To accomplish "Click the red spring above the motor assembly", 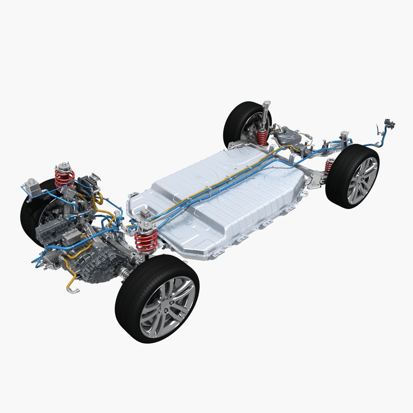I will pos(65,178).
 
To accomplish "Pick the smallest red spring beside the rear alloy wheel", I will pos(329,166).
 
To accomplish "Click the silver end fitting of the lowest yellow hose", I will pos(74,291).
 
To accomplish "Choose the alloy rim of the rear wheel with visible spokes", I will pos(361,180).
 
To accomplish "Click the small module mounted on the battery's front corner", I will pos(145,215).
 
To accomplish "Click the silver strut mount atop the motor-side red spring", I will pos(62,167).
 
